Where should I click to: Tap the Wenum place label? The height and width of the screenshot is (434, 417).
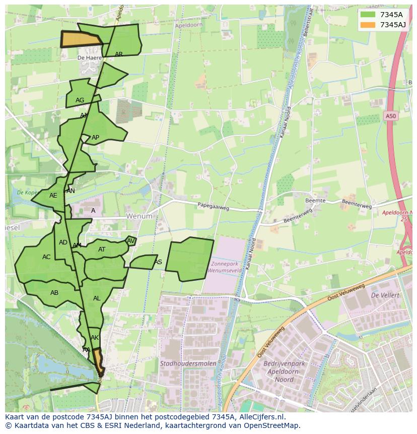point(139,216)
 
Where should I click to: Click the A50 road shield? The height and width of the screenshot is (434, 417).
point(391,116)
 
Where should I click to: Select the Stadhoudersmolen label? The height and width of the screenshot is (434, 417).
point(188,363)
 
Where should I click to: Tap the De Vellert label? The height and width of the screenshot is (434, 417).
point(385,295)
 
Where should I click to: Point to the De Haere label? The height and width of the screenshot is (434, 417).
point(89,58)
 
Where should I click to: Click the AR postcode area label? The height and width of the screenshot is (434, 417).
point(119,54)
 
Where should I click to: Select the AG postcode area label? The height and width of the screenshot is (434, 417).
point(80,100)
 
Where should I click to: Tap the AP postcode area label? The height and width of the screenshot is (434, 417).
point(95,138)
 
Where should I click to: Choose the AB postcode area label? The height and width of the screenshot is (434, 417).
point(54,293)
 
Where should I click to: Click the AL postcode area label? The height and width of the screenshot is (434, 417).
point(97,298)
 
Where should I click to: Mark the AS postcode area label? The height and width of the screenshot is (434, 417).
point(158,262)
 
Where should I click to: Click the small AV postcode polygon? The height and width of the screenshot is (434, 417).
point(130,241)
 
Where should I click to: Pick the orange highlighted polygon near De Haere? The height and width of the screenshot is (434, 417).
point(81,39)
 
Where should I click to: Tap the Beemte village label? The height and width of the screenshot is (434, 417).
point(316,201)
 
